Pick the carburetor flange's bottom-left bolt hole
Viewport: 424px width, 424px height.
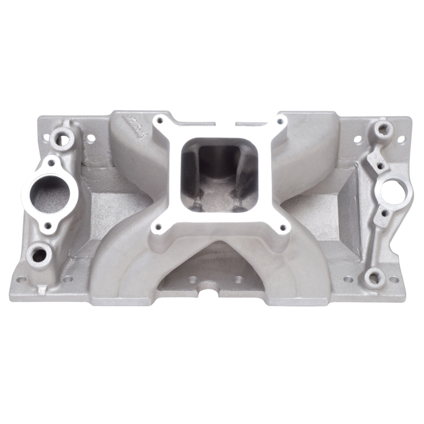coord(157,228)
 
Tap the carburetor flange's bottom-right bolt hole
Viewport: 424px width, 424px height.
coord(282,228)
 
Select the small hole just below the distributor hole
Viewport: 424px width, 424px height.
coord(385,212)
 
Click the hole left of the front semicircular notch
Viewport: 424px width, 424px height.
coord(192,279)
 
